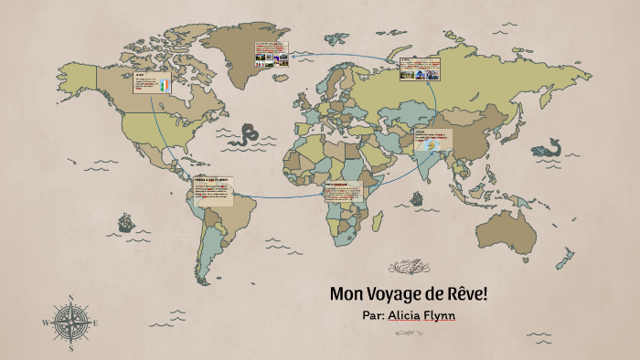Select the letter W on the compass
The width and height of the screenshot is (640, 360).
click(45, 323)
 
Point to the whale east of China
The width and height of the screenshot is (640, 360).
click(546, 147)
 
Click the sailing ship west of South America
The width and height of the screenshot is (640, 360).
click(124, 222)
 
